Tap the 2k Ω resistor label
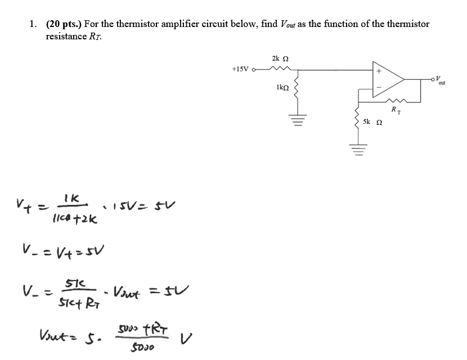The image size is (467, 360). (x=280, y=58)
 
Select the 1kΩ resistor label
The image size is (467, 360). (x=282, y=88)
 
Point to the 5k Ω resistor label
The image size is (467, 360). (x=371, y=121)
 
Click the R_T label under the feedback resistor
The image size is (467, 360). (x=396, y=111)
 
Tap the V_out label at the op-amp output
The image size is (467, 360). (x=440, y=79)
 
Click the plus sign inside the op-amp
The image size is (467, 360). (x=379, y=71)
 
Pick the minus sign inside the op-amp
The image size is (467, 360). (x=379, y=87)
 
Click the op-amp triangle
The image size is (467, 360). (x=388, y=79)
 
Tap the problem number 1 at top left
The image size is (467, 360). (x=33, y=24)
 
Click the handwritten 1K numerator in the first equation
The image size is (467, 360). (x=73, y=199)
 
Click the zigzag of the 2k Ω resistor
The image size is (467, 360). (x=279, y=69)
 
